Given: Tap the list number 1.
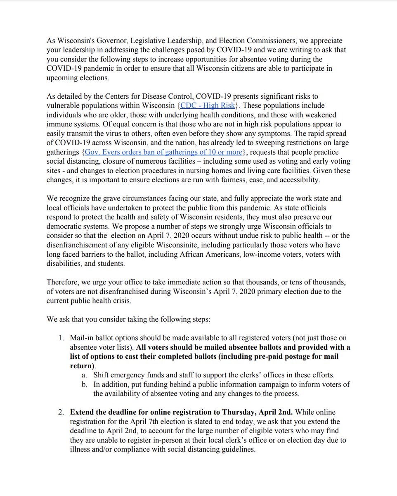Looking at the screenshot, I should (61, 338).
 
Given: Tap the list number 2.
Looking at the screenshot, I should (61, 412).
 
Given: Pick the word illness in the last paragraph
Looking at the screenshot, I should (81, 449).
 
